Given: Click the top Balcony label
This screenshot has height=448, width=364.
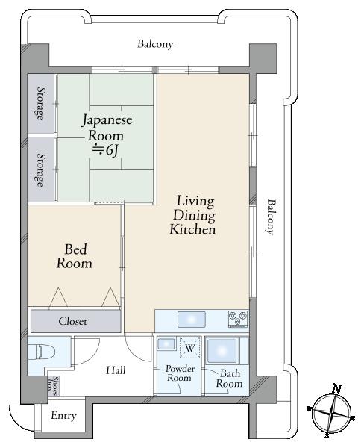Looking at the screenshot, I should [x=155, y=44].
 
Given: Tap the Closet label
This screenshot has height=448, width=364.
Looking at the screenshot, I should [x=73, y=322].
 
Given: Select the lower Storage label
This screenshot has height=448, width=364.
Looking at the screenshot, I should [x=40, y=169].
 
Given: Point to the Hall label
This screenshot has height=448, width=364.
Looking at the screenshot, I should [x=115, y=370].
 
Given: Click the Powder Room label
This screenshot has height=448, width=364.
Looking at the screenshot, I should [x=179, y=373].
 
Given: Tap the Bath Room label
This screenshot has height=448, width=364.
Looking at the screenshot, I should [x=229, y=379].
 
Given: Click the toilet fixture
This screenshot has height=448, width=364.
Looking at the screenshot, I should [x=37, y=352].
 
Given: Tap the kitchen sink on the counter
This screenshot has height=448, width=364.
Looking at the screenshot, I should [x=190, y=320].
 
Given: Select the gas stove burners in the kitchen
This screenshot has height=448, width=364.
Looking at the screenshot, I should [x=237, y=319].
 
